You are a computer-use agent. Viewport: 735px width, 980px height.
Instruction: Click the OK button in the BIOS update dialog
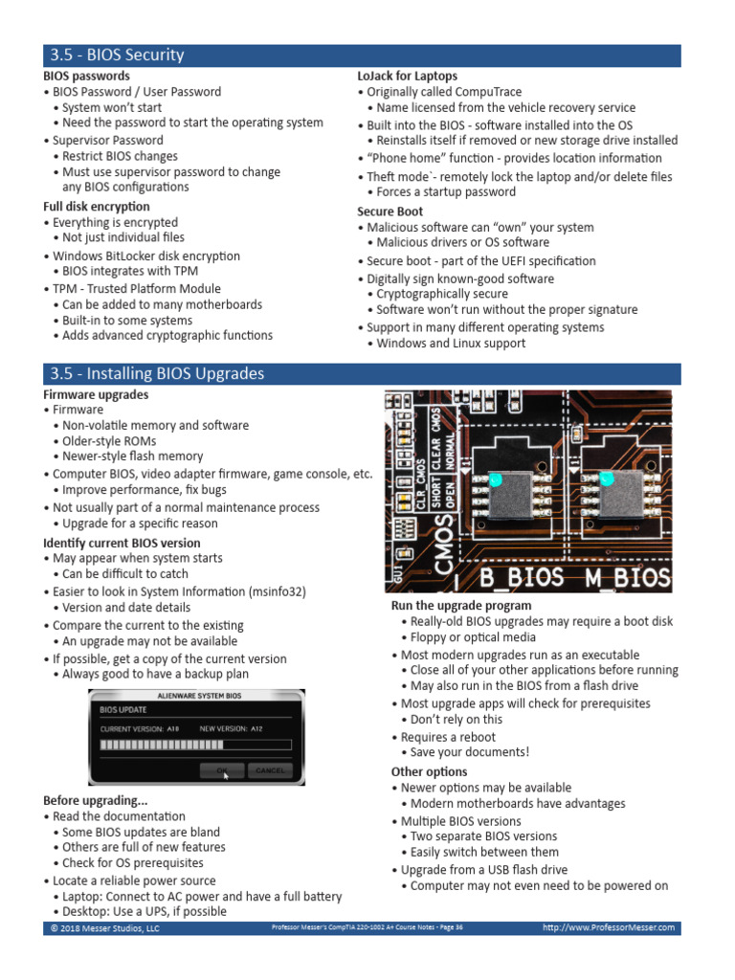coord(222,769)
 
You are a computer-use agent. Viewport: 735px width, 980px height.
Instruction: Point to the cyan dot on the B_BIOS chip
coord(495,479)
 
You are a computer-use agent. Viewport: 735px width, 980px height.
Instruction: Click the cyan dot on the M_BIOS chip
coord(605,478)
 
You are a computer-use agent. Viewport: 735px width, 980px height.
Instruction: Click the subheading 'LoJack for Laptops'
coord(407,76)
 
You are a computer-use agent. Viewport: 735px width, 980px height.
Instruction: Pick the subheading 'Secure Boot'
coord(390,212)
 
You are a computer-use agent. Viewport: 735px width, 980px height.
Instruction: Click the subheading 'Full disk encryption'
coord(97,207)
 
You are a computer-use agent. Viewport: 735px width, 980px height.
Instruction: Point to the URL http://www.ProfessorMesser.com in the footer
coord(608,927)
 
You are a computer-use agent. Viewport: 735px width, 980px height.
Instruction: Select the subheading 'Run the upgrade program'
coord(461,606)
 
